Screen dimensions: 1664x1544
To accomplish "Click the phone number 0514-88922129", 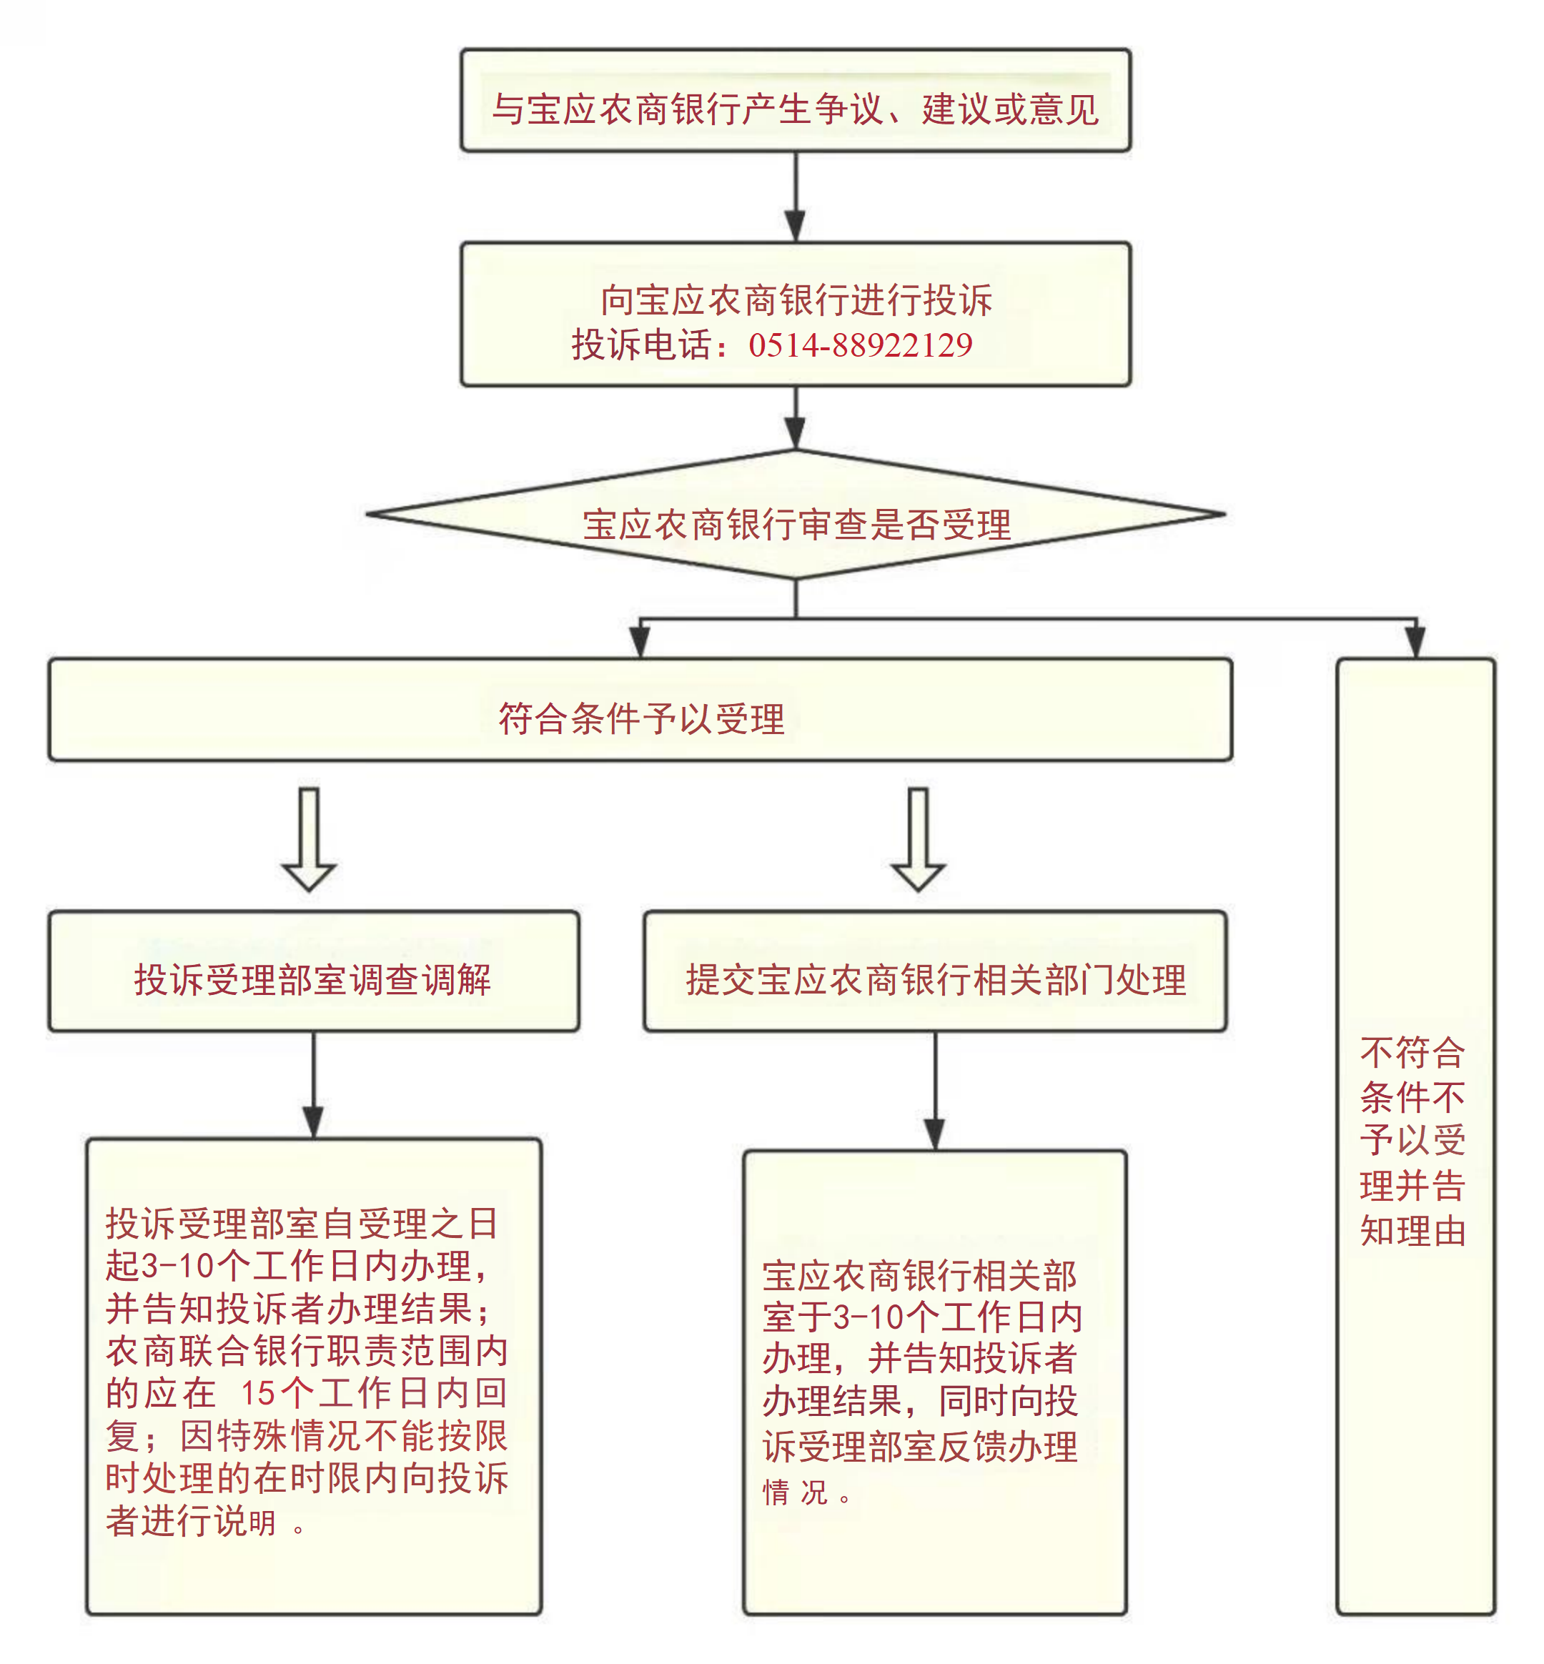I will tap(860, 346).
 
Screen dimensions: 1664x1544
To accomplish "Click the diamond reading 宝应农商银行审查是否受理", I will tap(796, 525).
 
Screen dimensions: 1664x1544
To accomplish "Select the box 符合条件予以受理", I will tap(640, 718).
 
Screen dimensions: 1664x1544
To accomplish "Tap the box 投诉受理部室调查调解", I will tap(312, 980).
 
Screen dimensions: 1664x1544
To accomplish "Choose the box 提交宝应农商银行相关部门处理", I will tap(935, 980).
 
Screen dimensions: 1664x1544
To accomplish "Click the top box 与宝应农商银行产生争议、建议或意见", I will tap(796, 109).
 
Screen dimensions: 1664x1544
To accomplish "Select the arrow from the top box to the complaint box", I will tap(796, 199).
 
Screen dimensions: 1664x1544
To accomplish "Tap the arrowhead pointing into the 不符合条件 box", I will tap(1415, 642).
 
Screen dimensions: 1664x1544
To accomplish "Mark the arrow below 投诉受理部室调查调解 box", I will tap(313, 1086).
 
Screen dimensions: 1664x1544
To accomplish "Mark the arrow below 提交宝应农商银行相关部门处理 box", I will tap(935, 1093).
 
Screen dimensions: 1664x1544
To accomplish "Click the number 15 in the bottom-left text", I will tap(257, 1393).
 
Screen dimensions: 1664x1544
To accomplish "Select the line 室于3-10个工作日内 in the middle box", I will tap(921, 1317).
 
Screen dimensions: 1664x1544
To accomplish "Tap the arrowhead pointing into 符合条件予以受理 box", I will tap(640, 642).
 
